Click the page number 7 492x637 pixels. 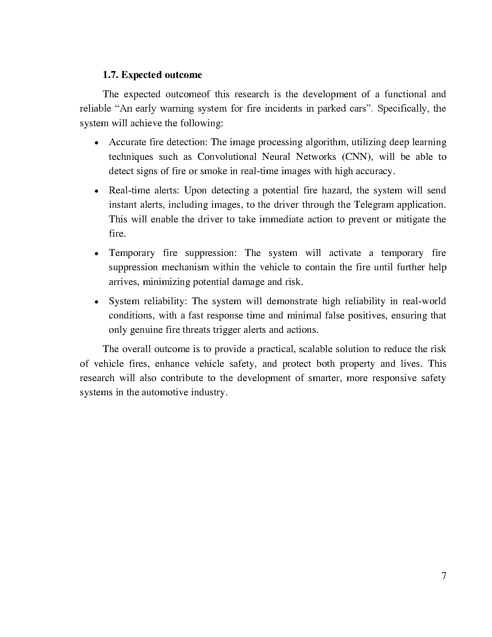(x=443, y=576)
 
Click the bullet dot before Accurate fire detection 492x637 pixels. (x=97, y=143)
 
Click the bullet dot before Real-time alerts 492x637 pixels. (x=97, y=191)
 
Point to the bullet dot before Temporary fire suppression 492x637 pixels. (x=97, y=254)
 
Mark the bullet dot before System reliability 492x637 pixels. (x=97, y=302)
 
